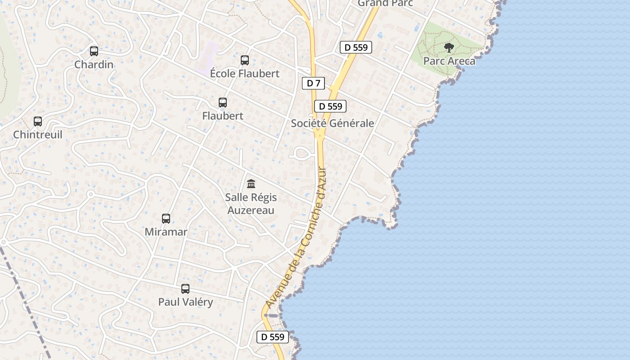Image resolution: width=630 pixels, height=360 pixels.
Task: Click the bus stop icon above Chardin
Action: [x=94, y=51]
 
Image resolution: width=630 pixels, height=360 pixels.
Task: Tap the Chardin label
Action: [x=94, y=65]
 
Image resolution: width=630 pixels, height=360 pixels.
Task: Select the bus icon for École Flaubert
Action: [x=245, y=60]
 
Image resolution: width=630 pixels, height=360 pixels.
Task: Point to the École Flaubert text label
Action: [x=245, y=74]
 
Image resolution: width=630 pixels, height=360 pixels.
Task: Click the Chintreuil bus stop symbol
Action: [x=38, y=121]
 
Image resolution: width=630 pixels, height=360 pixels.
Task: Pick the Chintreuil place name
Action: [x=38, y=135]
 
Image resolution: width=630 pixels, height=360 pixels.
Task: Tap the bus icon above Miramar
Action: [x=166, y=219]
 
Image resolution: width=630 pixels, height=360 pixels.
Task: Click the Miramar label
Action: [x=166, y=232]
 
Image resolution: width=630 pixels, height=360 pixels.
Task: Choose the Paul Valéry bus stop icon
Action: [x=185, y=289]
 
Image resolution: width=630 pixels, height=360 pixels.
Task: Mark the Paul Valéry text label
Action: [x=185, y=302]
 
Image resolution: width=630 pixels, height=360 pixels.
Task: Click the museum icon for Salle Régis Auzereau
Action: [x=251, y=184]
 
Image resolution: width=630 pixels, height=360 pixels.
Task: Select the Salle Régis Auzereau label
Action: [x=251, y=204]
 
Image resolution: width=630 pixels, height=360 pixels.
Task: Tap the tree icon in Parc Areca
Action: [x=449, y=48]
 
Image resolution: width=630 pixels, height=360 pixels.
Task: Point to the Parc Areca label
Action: [x=449, y=61]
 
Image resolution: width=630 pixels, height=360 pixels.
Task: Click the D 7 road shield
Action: [x=313, y=83]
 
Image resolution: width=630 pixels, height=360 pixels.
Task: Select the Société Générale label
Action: [x=333, y=123]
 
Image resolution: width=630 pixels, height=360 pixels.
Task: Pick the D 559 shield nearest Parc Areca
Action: [x=356, y=47]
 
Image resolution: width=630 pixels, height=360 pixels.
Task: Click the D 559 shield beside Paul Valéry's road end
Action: [x=273, y=337]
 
